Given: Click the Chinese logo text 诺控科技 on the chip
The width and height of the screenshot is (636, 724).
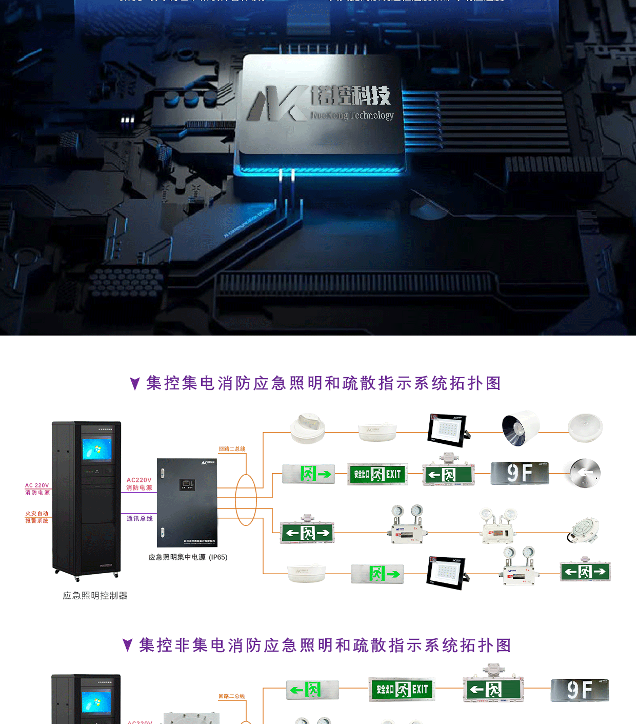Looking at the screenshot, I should pyautogui.click(x=351, y=95).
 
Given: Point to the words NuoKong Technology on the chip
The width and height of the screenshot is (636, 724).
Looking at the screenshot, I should pyautogui.click(x=352, y=115).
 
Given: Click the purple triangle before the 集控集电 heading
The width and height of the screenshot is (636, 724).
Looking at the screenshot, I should pyautogui.click(x=135, y=383).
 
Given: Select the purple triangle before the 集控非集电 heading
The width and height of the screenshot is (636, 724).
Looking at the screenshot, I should pyautogui.click(x=128, y=645).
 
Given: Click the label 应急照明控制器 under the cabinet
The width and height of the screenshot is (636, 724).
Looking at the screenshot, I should pyautogui.click(x=95, y=596).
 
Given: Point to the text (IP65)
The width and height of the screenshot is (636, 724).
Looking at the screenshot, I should pyautogui.click(x=218, y=557).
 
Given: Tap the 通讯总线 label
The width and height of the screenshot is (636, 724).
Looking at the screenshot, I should pyautogui.click(x=140, y=519).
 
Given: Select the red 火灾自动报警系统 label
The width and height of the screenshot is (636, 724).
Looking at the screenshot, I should pyautogui.click(x=37, y=517).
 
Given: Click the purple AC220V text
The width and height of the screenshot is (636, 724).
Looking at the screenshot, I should pyautogui.click(x=139, y=480).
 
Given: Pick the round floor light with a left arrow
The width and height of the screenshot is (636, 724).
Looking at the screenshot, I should pyautogui.click(x=585, y=473).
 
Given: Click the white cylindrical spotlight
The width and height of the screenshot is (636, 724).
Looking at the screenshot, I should pyautogui.click(x=520, y=428).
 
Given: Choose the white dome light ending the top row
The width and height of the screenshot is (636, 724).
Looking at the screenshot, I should pyautogui.click(x=585, y=428).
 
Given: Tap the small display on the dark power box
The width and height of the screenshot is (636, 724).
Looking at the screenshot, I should pyautogui.click(x=187, y=484).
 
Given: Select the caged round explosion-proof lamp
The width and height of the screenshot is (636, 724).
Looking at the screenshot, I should pyautogui.click(x=584, y=531).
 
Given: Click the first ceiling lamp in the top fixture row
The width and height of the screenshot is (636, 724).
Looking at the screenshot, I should pyautogui.click(x=307, y=428).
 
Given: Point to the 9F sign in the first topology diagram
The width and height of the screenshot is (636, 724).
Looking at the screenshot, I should pyautogui.click(x=520, y=473).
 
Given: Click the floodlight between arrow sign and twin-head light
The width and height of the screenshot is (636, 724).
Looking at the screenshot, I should pyautogui.click(x=447, y=573).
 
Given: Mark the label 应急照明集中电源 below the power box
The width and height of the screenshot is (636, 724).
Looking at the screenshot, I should pyautogui.click(x=177, y=557).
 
